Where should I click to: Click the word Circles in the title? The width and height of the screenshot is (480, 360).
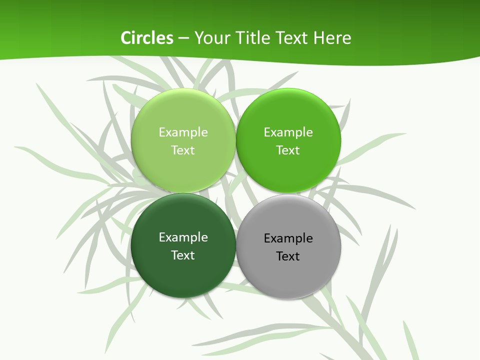click(x=147, y=38)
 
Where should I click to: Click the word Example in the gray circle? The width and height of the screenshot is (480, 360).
click(x=288, y=238)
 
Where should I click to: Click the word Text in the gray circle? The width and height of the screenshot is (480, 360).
click(x=288, y=256)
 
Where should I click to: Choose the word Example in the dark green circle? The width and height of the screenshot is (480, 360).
click(x=183, y=237)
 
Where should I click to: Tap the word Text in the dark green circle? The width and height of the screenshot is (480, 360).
click(x=183, y=255)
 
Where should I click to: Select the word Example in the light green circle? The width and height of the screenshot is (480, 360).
click(x=183, y=132)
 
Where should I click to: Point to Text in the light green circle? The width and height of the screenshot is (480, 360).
click(x=183, y=150)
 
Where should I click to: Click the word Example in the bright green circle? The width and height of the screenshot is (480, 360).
click(x=288, y=132)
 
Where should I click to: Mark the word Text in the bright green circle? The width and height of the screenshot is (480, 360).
click(x=288, y=150)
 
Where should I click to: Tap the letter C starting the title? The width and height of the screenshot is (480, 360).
click(x=126, y=38)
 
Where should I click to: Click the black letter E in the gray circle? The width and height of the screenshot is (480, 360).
click(x=267, y=238)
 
